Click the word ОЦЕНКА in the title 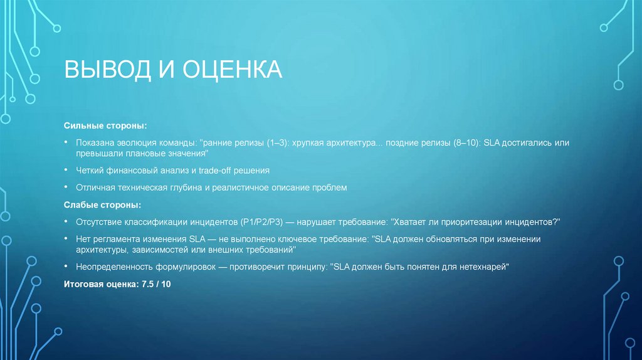coord(232,70)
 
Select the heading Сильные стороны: coord(105,126)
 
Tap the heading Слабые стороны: coord(102,205)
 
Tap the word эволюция coord(135,143)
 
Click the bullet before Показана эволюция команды coord(66,143)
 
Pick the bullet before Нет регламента coord(66,239)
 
